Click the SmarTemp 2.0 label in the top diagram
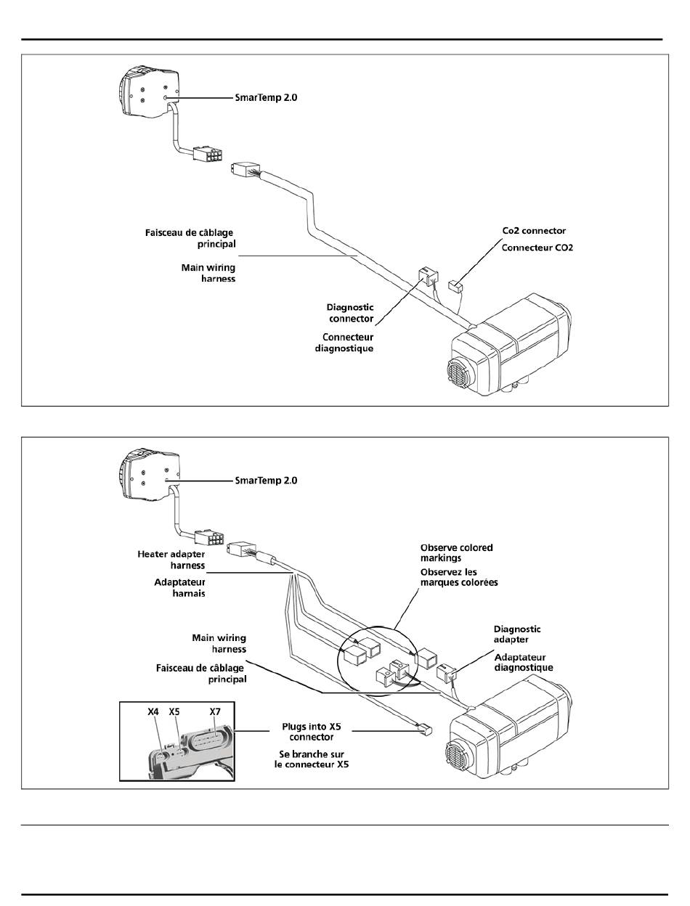266,96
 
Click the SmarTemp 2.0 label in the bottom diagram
266,480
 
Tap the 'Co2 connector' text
534,231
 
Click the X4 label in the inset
153,712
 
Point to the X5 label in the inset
174,712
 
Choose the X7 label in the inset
214,712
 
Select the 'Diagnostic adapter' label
517,634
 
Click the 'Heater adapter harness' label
171,559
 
